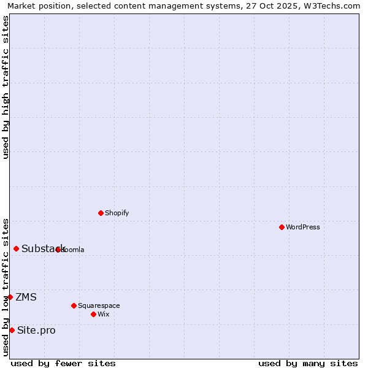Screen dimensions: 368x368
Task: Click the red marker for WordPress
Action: pos(282,227)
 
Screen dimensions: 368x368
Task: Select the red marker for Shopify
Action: pos(101,213)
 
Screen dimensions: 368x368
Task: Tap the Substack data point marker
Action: pos(16,248)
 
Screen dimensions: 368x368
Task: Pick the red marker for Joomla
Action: pos(58,250)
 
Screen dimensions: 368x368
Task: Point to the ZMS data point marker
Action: pos(10,297)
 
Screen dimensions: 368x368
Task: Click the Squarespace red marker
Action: pos(74,305)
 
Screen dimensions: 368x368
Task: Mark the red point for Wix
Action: pos(93,314)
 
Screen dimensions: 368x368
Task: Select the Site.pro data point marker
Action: pos(12,330)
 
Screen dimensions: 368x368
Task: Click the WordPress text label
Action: pos(303,227)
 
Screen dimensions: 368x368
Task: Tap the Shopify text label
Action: pos(117,213)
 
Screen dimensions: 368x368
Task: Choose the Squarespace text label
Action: pos(99,305)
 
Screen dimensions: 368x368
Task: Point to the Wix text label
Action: pos(104,314)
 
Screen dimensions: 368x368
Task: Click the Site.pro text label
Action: pos(36,331)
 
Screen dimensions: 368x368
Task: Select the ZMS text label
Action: pos(26,297)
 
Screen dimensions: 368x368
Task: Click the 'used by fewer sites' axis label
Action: pos(63,363)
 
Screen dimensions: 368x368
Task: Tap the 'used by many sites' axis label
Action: pos(308,363)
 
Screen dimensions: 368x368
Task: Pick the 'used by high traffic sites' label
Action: pos(6,87)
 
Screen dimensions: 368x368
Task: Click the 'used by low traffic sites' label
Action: pos(6,287)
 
